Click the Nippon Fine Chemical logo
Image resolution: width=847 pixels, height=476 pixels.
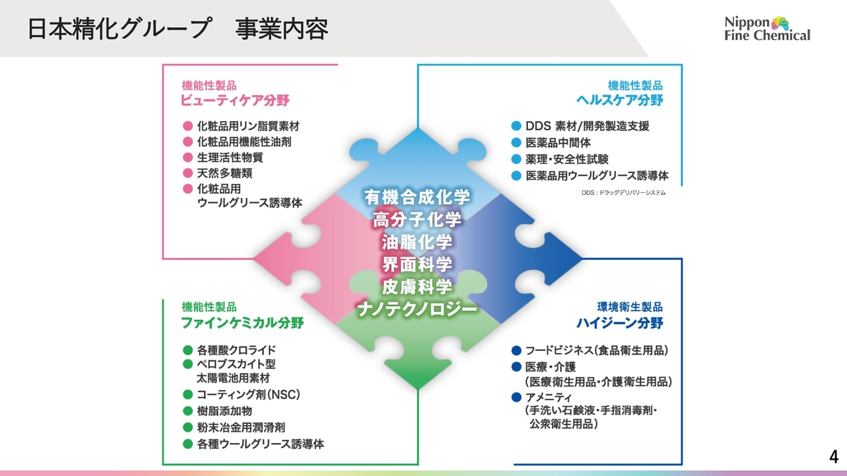pos(767,28)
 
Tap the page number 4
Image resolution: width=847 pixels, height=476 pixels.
pos(833,457)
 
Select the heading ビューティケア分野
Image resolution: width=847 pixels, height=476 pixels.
pos(235,100)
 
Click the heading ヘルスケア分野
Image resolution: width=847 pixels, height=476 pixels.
pos(620,100)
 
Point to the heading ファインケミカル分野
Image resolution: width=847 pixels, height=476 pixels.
pos(242,323)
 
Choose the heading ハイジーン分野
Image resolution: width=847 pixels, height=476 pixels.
pos(620,323)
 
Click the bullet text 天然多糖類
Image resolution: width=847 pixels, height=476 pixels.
pos(224,173)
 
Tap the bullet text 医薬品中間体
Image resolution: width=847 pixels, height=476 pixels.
pos(558,143)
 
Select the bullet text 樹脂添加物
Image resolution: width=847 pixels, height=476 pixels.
pos(224,411)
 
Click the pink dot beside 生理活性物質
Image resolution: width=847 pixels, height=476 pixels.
pos(188,157)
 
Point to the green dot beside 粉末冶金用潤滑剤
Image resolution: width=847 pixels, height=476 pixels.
pos(188,427)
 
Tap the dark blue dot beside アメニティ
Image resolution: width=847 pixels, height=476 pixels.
pos(516,397)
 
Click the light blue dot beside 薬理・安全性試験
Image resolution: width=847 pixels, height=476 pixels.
pos(516,159)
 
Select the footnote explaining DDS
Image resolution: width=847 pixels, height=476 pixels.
pos(623,192)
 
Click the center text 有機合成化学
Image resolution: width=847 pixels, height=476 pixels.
pos(418,197)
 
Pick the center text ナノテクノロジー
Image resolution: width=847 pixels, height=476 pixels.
pos(417,309)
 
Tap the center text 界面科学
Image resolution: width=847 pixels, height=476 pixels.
pos(417,264)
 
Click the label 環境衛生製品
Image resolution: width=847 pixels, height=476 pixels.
pos(630,307)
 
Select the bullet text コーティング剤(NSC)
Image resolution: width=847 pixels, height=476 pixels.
pos(249,395)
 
